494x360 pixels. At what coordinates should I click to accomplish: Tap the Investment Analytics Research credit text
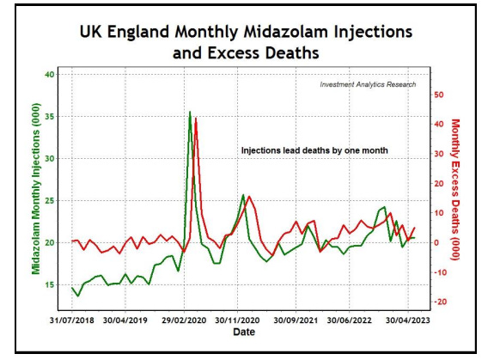pos(368,85)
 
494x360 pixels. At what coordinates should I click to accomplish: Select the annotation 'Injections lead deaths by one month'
pos(314,150)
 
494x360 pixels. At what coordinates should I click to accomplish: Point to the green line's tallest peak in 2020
pos(190,112)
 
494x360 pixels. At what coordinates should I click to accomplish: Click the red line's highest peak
pos(196,118)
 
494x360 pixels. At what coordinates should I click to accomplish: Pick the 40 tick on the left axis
pos(49,75)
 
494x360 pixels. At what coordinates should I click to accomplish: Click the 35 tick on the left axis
pos(49,117)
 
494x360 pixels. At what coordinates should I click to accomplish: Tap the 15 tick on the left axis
pos(49,284)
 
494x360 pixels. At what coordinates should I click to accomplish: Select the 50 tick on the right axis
pos(437,95)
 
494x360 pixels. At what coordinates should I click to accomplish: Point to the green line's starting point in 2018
pos(72,288)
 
